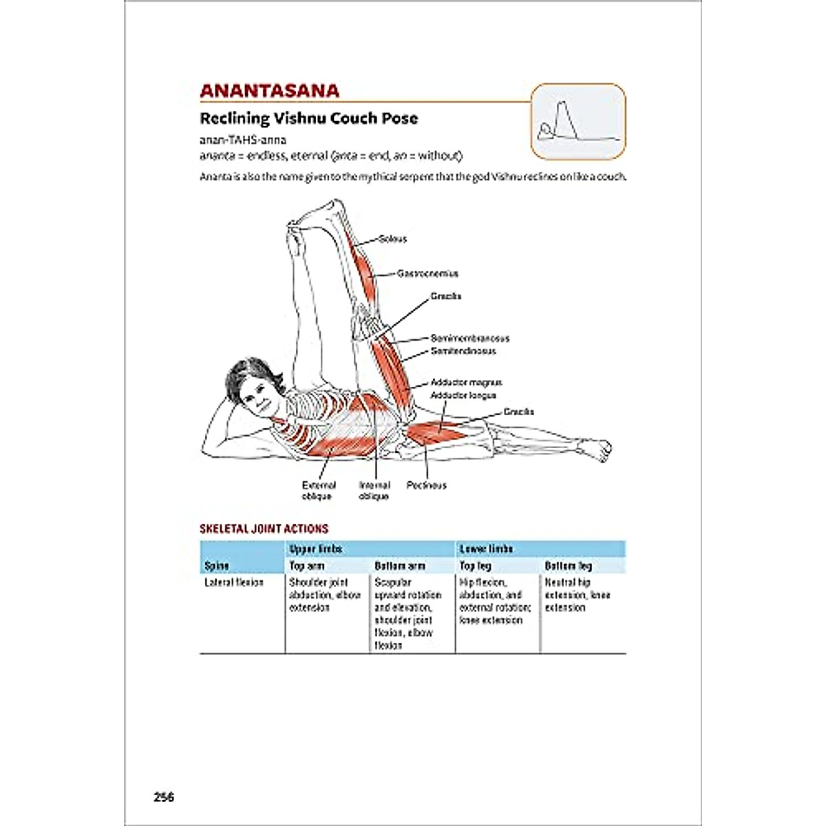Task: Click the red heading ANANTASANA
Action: point(269,91)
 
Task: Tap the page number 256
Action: point(164,797)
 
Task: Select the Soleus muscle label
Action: point(392,239)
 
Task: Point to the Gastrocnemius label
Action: point(427,273)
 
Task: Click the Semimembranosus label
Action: point(470,338)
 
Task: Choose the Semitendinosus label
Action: point(463,351)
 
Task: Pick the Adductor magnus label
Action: point(466,382)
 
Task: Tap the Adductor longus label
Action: point(463,395)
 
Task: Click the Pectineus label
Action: point(426,485)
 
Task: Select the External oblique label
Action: point(319,491)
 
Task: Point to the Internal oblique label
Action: point(374,491)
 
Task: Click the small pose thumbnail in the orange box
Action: point(578,122)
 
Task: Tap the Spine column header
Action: point(217,566)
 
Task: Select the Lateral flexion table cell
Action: point(234,582)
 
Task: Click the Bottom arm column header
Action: point(400,566)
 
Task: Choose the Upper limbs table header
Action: point(315,549)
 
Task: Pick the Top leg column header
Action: point(476,566)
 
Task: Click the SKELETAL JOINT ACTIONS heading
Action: point(264,529)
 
